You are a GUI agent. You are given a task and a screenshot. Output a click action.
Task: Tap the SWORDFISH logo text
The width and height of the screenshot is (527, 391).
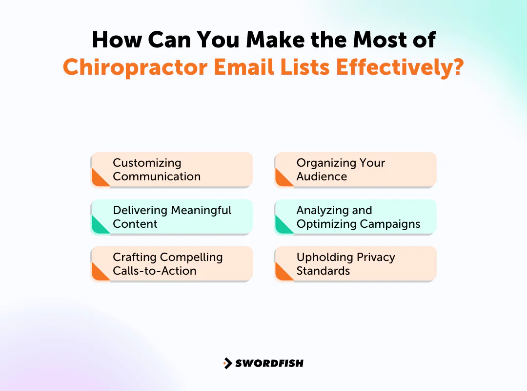269,363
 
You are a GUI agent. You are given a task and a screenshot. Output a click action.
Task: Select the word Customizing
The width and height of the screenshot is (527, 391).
147,163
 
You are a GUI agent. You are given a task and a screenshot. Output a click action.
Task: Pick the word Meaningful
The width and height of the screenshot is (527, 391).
201,210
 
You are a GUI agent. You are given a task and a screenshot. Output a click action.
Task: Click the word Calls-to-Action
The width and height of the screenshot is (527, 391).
155,271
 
